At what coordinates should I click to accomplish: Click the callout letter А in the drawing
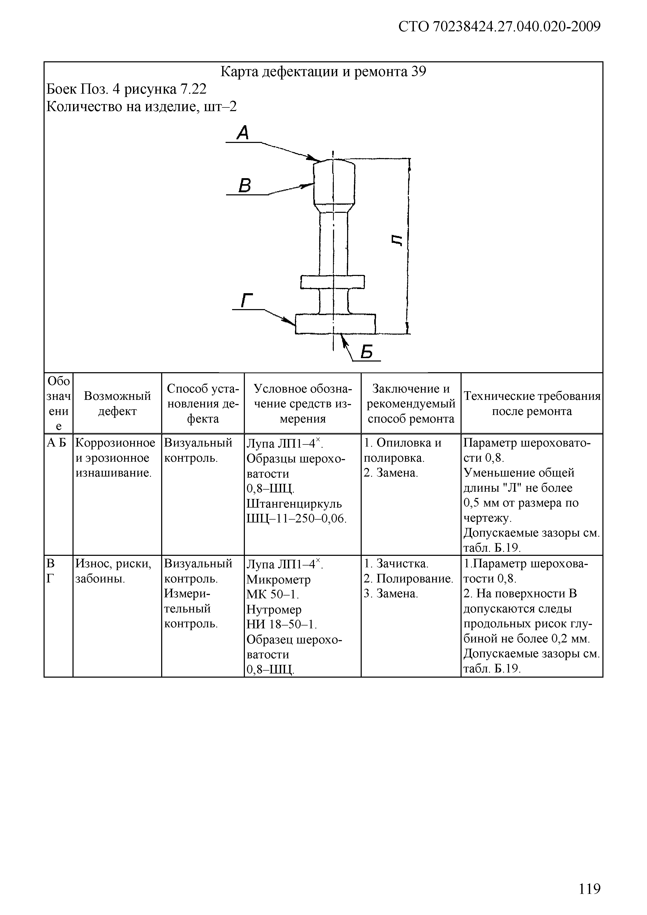click(x=243, y=133)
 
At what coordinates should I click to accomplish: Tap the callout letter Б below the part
click(x=366, y=352)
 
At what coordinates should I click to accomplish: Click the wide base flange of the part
click(x=335, y=324)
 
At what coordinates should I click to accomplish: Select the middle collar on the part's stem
click(x=332, y=282)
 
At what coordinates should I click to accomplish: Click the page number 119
click(x=589, y=889)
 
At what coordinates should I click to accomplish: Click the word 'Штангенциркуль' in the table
click(x=294, y=503)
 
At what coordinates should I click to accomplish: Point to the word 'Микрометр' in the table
click(x=279, y=579)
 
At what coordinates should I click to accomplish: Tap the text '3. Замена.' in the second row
click(x=391, y=594)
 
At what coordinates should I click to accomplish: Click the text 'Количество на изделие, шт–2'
click(x=141, y=106)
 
